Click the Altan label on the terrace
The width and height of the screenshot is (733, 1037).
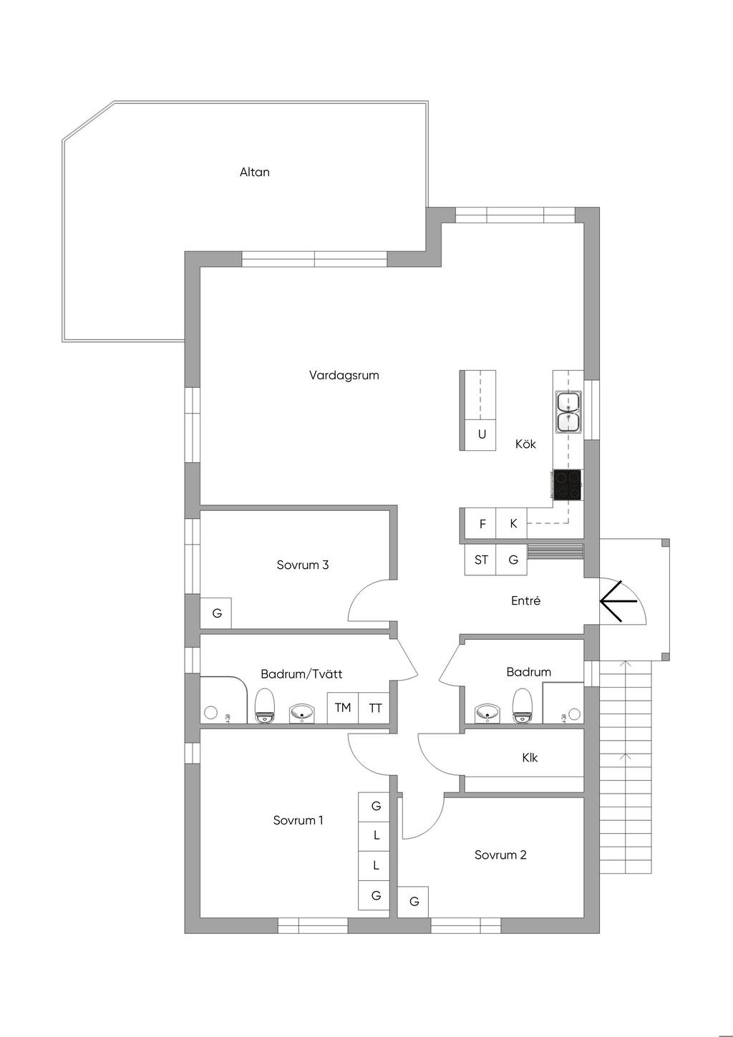point(254,172)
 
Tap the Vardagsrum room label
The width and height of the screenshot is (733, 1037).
point(344,375)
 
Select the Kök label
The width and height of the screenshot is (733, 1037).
point(525,444)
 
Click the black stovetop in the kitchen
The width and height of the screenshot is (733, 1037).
point(567,485)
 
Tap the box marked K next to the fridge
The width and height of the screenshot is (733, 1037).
point(512,524)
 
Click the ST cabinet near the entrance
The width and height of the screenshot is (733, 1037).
point(480,560)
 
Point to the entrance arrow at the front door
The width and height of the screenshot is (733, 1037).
point(618,601)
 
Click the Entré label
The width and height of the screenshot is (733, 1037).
point(525,600)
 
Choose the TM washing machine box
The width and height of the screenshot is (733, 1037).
point(343,707)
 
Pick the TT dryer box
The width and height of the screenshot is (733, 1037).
point(374,707)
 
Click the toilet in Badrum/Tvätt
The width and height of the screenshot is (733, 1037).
point(266,706)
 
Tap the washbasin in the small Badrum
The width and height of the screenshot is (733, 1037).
point(487,712)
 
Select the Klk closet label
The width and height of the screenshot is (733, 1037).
point(530,758)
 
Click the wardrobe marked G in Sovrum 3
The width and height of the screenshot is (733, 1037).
point(215,613)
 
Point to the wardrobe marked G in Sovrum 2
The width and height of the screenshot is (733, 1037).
point(413,901)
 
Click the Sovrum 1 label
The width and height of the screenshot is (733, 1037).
point(298,820)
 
